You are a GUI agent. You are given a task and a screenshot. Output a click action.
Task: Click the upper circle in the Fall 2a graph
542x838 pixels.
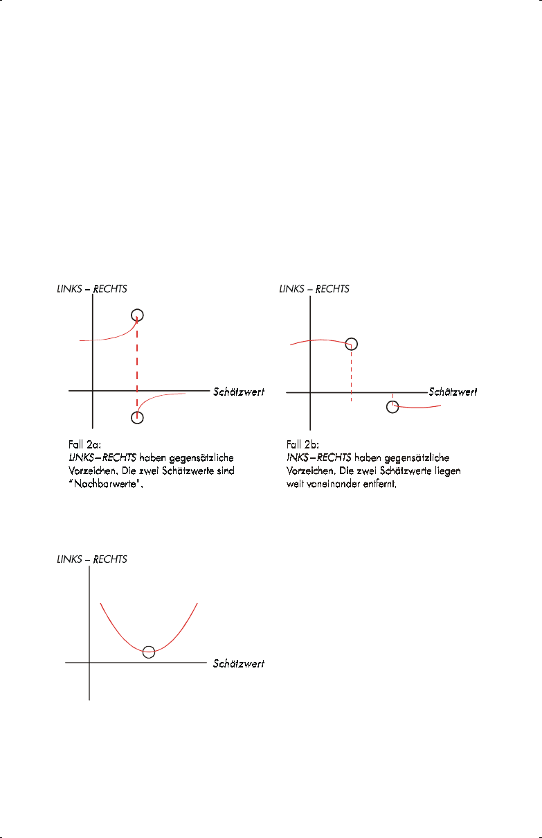(137, 315)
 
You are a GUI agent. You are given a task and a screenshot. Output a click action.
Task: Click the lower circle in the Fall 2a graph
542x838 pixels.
(137, 417)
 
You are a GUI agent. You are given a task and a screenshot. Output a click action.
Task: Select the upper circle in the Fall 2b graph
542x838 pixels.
(352, 344)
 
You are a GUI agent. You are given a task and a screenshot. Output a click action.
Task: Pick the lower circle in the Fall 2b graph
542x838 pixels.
(392, 406)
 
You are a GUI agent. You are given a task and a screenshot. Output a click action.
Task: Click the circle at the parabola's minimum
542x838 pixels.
(149, 652)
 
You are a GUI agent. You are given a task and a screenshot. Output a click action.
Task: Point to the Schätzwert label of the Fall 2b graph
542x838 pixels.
(453, 392)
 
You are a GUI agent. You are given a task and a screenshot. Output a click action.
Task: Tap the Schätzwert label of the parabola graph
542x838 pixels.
(239, 663)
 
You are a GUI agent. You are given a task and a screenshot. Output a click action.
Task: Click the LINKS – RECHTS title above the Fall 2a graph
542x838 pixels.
(91, 288)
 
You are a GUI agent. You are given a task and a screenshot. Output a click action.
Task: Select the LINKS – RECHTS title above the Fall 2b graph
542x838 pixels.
(314, 288)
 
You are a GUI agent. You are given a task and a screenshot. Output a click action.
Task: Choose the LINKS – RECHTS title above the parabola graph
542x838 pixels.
(91, 559)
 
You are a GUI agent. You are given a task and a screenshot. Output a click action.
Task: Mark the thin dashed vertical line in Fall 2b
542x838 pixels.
(352, 375)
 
